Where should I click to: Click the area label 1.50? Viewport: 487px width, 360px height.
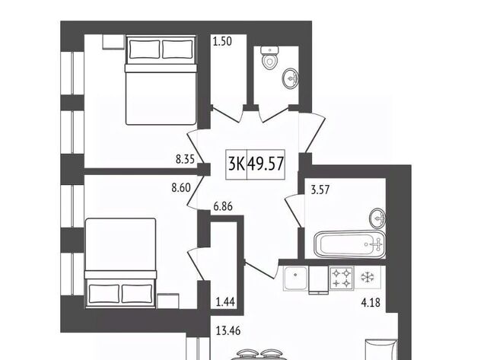click(x=222, y=41)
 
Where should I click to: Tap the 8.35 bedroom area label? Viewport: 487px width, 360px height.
click(x=185, y=159)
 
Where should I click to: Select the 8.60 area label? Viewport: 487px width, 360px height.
click(x=181, y=187)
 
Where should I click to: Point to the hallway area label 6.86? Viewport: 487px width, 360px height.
click(x=223, y=206)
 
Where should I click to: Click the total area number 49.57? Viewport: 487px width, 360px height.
click(x=266, y=164)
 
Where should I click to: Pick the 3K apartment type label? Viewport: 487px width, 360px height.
click(x=237, y=164)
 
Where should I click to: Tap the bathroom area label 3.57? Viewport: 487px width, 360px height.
click(x=320, y=190)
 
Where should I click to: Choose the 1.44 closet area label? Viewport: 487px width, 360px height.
click(x=225, y=301)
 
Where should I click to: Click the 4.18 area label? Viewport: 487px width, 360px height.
click(x=371, y=302)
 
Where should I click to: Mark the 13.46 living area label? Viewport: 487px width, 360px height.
click(x=228, y=331)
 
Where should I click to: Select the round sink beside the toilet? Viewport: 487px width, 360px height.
click(x=291, y=78)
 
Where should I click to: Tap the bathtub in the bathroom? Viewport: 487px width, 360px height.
click(x=350, y=244)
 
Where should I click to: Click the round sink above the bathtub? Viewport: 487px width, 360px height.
click(x=377, y=218)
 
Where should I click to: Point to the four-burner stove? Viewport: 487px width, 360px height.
click(x=342, y=279)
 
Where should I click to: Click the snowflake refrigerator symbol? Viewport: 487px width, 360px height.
click(x=368, y=277)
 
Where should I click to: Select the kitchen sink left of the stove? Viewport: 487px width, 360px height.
click(x=295, y=279)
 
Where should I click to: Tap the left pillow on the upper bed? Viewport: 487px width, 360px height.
click(x=145, y=49)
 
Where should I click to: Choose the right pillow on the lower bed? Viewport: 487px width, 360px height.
click(x=137, y=294)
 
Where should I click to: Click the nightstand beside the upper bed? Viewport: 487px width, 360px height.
click(x=113, y=42)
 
